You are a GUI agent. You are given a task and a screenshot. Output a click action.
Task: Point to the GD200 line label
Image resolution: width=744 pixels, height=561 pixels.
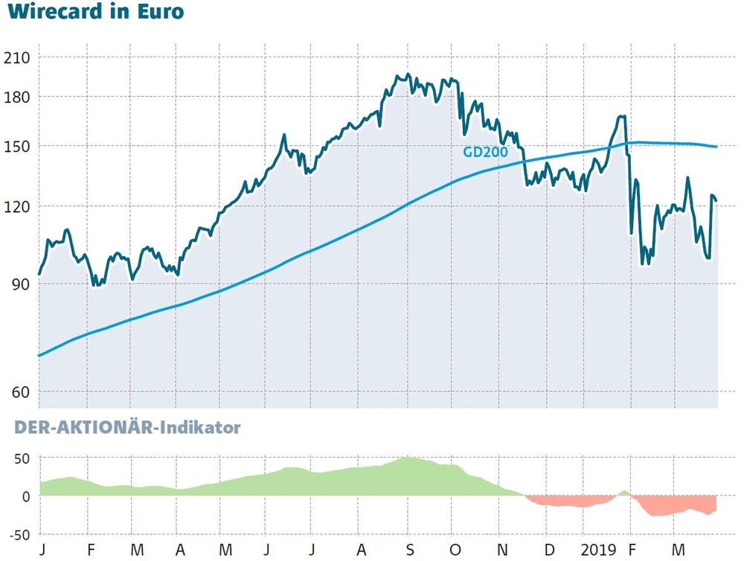point(485,153)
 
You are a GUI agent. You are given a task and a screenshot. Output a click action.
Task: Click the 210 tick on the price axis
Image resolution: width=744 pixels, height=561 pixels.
point(16,58)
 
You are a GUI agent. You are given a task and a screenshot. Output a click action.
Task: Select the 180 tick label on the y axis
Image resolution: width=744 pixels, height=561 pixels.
point(16,97)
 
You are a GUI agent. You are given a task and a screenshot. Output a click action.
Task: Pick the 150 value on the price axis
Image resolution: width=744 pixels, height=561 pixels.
point(16,147)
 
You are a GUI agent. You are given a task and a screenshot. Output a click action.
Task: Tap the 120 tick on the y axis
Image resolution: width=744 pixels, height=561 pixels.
point(16,207)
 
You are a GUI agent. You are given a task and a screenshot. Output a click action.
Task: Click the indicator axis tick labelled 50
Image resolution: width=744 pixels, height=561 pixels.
point(20,458)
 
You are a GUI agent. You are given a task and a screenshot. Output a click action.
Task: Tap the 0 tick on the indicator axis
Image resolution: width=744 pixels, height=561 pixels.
point(25,496)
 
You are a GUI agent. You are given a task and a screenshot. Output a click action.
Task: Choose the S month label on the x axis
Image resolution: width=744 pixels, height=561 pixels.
point(408,550)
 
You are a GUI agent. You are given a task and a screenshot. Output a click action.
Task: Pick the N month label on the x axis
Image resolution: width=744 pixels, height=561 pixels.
point(503,550)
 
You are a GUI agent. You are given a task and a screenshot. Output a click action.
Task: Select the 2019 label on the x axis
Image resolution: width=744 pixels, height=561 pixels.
point(600,550)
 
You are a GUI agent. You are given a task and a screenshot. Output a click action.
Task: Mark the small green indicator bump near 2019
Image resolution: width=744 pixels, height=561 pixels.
point(624,493)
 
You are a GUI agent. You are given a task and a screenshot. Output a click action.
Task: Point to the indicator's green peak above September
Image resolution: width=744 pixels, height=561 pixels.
point(408,460)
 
